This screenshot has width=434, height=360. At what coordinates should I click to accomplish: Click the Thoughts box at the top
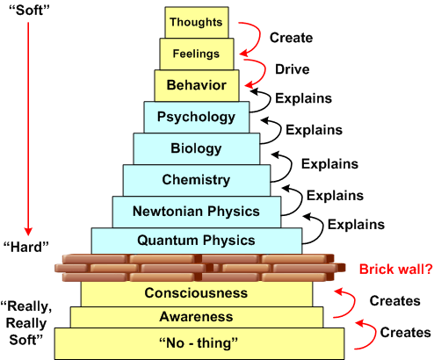click(x=196, y=22)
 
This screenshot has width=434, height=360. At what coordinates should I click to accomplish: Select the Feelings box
click(x=196, y=54)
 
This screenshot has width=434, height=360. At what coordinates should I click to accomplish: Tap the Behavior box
click(x=196, y=85)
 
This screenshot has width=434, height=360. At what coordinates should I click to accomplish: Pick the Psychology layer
click(x=196, y=117)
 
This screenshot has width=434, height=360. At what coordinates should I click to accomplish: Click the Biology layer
click(x=196, y=148)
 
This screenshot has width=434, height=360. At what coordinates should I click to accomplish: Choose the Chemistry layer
click(x=196, y=180)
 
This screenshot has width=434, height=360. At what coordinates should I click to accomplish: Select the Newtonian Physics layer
click(x=196, y=212)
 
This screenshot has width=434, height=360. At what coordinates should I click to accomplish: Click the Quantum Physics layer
click(x=196, y=240)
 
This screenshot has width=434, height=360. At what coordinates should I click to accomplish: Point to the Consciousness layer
click(x=196, y=292)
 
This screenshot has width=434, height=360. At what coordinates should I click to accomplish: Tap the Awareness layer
click(x=196, y=316)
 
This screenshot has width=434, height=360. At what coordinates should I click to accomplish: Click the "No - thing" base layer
click(x=196, y=341)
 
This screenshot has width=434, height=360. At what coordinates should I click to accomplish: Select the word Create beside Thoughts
click(x=292, y=38)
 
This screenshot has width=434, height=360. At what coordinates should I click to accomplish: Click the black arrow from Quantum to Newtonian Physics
click(x=311, y=224)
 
